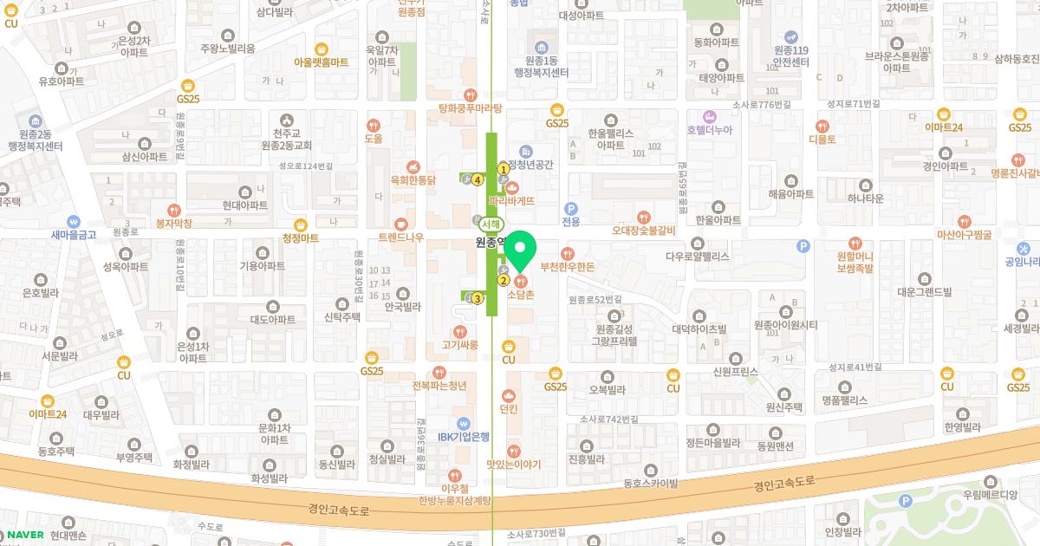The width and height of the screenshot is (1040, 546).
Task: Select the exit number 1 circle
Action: pos(502,168)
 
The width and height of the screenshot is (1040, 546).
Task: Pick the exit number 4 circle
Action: pos(477,179)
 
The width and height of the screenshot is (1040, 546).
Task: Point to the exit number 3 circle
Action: pos(478,298)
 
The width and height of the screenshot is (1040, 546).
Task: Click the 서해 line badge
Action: pos(487,222)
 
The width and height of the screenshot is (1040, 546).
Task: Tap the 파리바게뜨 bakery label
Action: pos(511,200)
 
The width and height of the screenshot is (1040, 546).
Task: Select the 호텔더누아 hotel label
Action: pos(709,130)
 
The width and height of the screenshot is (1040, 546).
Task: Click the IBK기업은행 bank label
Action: pos(464,436)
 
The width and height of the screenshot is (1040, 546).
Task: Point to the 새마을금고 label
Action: pos(74,234)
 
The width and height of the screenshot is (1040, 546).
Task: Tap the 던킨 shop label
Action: pos(509,408)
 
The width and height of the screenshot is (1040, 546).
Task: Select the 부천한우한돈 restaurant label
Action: pos(567,267)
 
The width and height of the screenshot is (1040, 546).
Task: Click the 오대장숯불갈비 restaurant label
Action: pos(643,231)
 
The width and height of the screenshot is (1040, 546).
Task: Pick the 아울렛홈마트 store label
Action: pos(321,62)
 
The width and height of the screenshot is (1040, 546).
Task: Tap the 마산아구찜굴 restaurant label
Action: pos(965,235)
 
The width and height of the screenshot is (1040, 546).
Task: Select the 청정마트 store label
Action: pos(301,237)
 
